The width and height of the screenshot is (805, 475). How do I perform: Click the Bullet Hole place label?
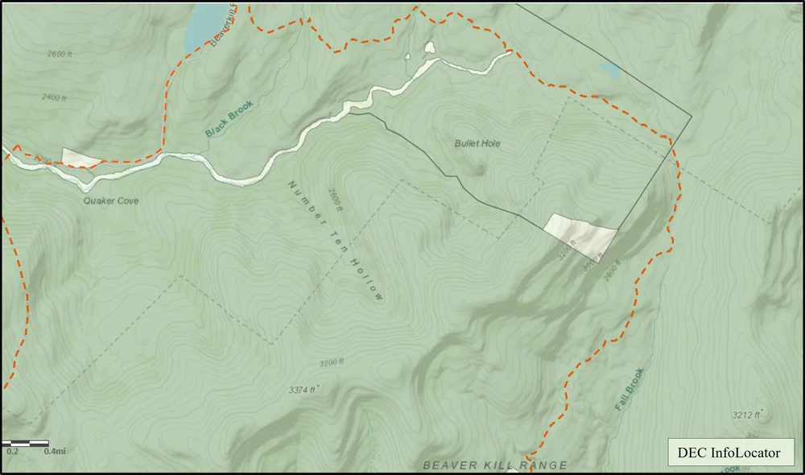[477, 143]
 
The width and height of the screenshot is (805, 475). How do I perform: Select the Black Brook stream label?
[229, 118]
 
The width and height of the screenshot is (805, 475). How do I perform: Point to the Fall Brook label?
[630, 390]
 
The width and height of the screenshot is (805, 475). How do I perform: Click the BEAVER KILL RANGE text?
[495, 465]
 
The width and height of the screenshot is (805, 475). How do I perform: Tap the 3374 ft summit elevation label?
[303, 390]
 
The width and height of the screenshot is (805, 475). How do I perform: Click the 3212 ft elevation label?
[746, 415]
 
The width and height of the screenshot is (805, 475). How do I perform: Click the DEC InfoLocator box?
[729, 453]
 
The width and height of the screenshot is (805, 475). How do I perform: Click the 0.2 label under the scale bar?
[13, 451]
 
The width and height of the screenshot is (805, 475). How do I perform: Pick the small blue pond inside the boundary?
[611, 72]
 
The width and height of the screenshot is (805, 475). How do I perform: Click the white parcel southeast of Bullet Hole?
[581, 234]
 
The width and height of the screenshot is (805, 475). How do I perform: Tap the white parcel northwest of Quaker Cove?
[81, 158]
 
